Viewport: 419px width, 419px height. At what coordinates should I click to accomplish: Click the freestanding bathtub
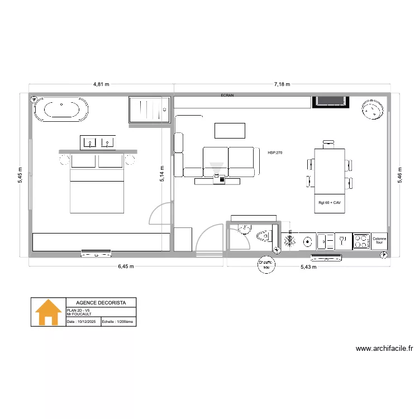pos(61,109)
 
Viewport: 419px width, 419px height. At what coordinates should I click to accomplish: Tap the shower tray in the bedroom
pos(149,109)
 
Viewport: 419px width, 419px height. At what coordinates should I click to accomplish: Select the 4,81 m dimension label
pos(101,84)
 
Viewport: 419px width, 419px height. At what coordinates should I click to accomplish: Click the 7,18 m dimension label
pos(282,84)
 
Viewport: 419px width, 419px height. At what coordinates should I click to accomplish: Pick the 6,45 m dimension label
pos(126,266)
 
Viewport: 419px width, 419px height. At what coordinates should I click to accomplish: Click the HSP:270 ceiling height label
pos(275,152)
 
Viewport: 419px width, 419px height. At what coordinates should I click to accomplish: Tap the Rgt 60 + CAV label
pos(330,203)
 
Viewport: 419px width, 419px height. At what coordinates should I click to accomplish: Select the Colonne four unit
pos(379,241)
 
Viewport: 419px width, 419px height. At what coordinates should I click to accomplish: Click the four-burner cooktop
pos(361,241)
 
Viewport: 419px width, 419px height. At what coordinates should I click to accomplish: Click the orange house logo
pos(49,312)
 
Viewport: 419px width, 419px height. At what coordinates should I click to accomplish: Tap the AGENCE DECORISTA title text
pos(101,302)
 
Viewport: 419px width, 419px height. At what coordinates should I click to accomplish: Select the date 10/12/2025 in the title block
pos(83,322)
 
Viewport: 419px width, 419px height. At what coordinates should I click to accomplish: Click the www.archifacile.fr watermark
pos(384,349)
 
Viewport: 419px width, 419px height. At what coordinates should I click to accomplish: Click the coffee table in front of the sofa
pos(230,131)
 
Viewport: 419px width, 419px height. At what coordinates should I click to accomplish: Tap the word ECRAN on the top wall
pos(227,96)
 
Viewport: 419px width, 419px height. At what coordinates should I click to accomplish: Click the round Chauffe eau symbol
pos(266,264)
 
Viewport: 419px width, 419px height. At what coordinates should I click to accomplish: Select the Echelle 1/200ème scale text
pos(118,322)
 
